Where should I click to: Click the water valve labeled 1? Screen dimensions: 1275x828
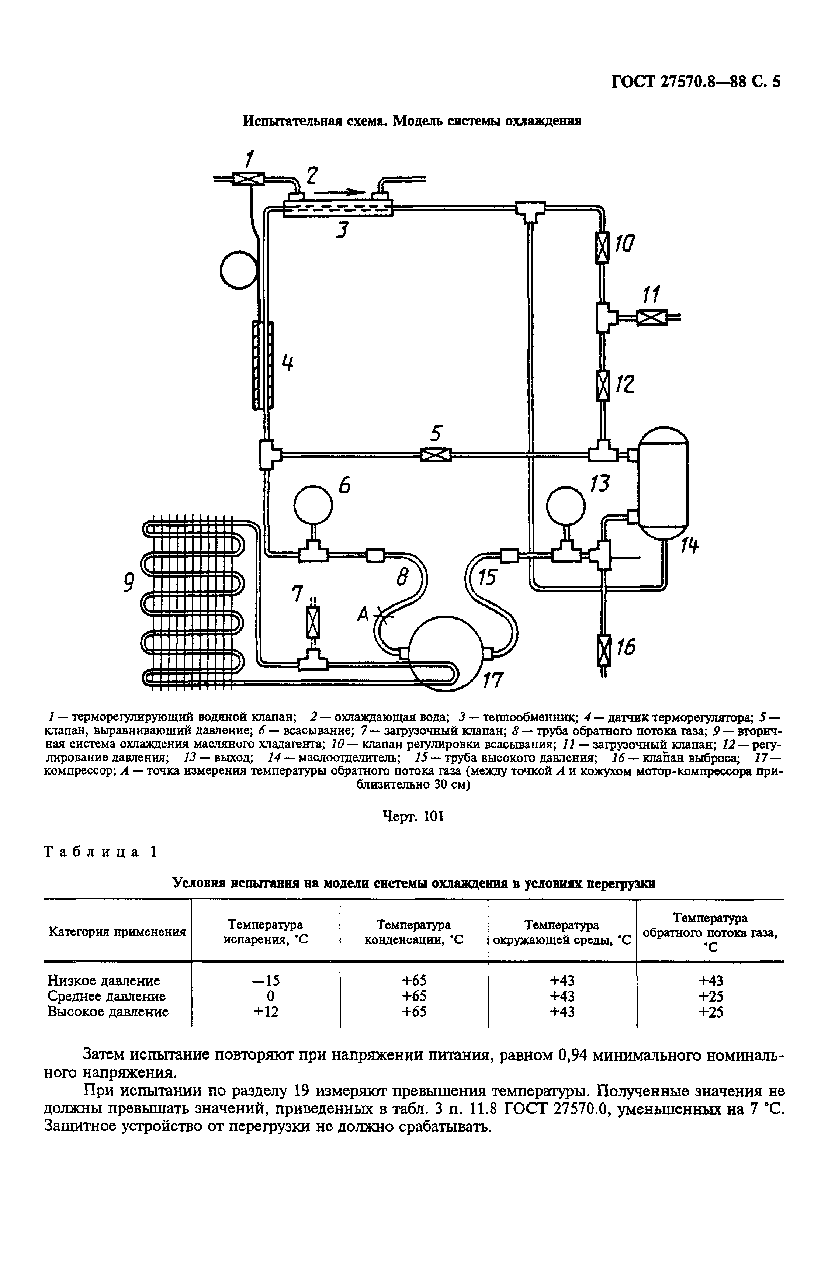(x=249, y=179)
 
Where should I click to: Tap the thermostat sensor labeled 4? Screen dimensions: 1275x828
(x=263, y=365)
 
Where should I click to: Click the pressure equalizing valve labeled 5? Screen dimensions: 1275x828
(x=436, y=455)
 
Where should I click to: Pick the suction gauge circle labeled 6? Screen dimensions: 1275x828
(x=313, y=505)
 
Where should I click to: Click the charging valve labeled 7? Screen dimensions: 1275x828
(x=313, y=622)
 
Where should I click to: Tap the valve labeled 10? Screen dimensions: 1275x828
(x=603, y=247)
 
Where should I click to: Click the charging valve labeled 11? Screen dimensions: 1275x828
(x=651, y=318)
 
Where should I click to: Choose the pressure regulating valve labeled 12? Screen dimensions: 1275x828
(x=603, y=386)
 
